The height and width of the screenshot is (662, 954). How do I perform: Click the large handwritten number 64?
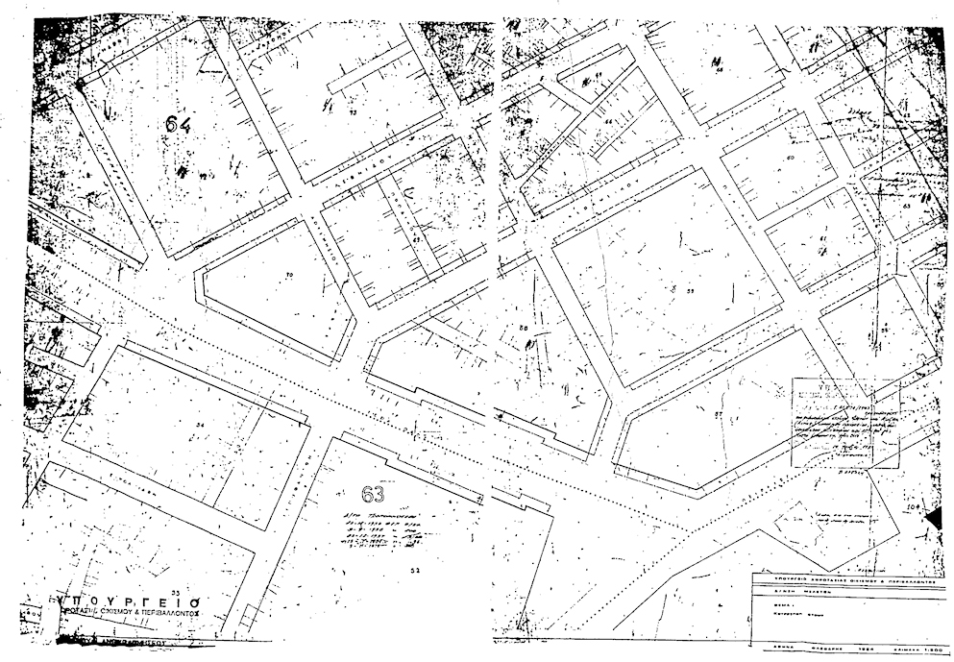point(178,125)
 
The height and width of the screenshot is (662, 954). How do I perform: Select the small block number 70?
point(289,276)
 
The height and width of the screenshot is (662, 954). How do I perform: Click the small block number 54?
point(200,424)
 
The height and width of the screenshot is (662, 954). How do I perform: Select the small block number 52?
point(414,571)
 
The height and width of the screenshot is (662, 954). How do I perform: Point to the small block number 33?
point(174,591)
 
